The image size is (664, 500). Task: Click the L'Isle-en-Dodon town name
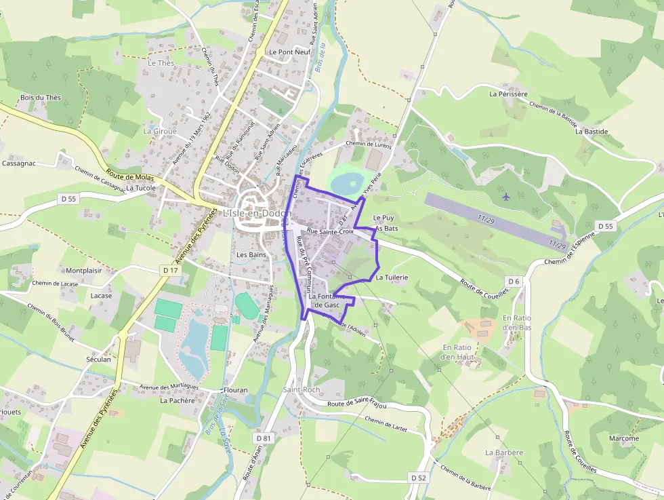pos(257,213)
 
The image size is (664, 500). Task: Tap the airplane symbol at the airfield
pos(506,197)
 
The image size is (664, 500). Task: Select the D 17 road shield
pos(170,270)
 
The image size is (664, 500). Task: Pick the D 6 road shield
pos(514,281)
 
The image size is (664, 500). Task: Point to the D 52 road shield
pos(419,478)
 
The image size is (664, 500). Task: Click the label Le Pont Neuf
pos(289,52)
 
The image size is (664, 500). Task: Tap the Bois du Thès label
pos(40,98)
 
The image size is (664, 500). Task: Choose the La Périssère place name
pos(508,94)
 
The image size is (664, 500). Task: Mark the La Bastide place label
pos(592,132)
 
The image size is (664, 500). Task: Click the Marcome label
pos(623,438)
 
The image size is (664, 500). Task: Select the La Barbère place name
pos(504,453)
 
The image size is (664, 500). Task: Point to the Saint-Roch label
pos(302,390)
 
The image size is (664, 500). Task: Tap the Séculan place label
pos(98,360)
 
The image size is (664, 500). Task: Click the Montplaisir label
pos(84,271)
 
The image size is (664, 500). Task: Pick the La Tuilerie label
pos(392,277)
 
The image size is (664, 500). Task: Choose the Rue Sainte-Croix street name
pos(330,231)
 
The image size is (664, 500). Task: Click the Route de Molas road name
pos(131,177)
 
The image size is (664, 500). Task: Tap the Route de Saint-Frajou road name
pos(356,405)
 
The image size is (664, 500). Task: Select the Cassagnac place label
pos(19,164)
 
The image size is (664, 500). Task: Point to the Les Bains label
pos(251,255)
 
